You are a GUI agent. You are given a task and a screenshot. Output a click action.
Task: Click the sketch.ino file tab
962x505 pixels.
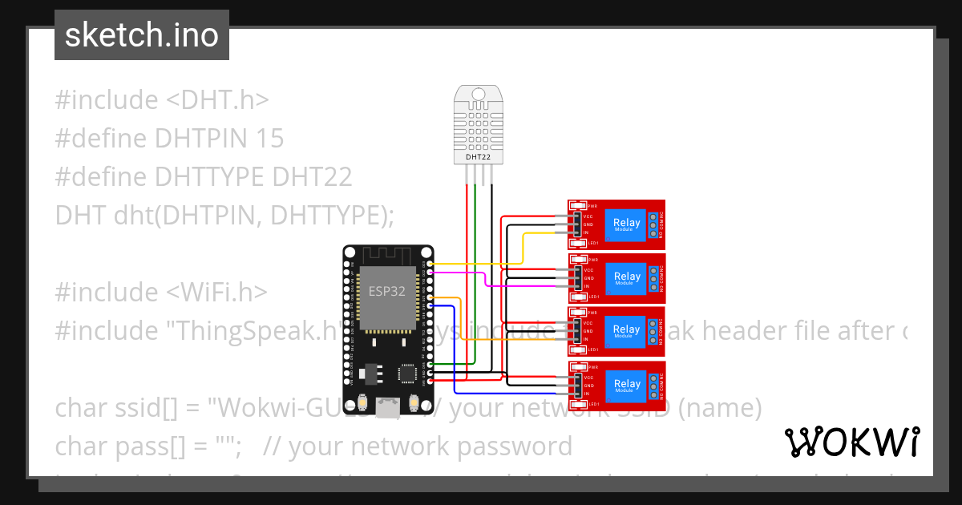coord(141,35)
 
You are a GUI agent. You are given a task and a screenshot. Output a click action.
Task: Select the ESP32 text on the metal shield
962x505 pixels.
coord(386,292)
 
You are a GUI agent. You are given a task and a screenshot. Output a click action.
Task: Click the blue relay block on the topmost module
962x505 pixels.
coord(627,224)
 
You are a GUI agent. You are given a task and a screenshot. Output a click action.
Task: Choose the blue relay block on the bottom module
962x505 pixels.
coord(627,386)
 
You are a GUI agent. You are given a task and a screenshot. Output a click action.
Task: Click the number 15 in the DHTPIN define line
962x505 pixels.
coord(270,139)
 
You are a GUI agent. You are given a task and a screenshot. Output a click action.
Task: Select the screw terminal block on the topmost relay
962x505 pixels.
coord(655,225)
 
